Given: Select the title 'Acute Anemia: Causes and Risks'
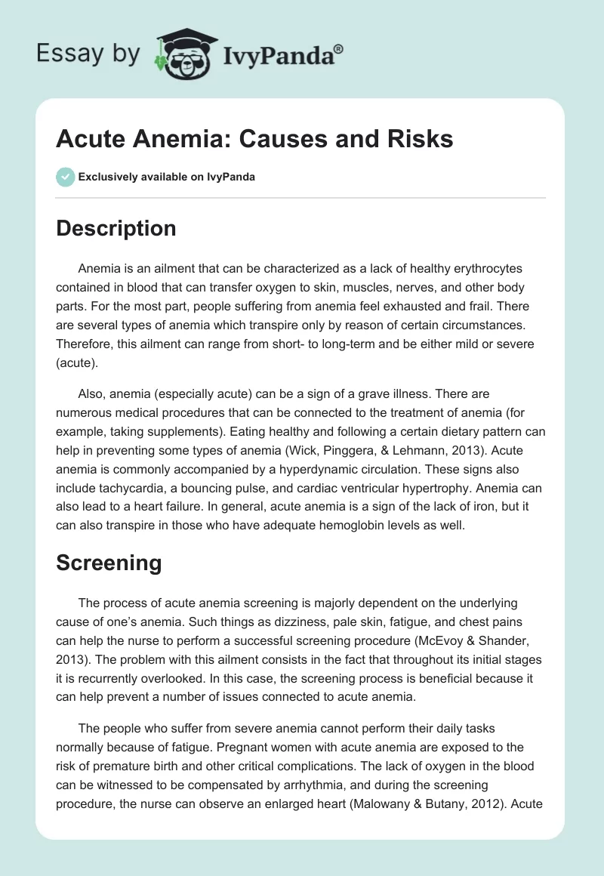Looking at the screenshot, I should pos(254,139).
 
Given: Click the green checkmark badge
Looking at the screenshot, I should pos(65,177).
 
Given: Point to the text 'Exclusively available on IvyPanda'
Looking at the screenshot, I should pos(166,177).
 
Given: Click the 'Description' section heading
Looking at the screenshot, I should pos(116,229).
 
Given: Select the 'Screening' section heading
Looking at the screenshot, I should pos(109,563).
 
